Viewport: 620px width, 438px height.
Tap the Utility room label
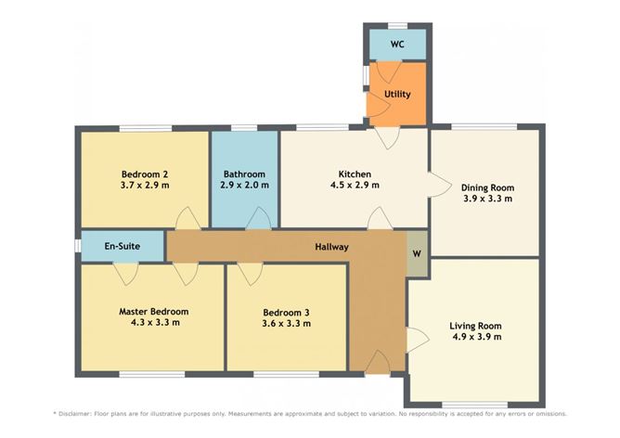(397, 95)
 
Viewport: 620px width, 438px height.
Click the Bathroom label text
(245, 174)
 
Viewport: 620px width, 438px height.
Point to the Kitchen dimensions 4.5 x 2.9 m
(355, 186)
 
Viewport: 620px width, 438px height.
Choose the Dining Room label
(487, 187)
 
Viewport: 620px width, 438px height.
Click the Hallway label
(330, 247)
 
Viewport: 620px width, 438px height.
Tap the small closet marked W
(418, 252)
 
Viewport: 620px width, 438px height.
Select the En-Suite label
(121, 247)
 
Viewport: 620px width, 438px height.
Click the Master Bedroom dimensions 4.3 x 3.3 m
(153, 323)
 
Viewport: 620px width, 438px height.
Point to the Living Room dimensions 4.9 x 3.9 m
(475, 337)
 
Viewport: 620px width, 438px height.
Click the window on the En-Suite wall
(77, 246)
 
